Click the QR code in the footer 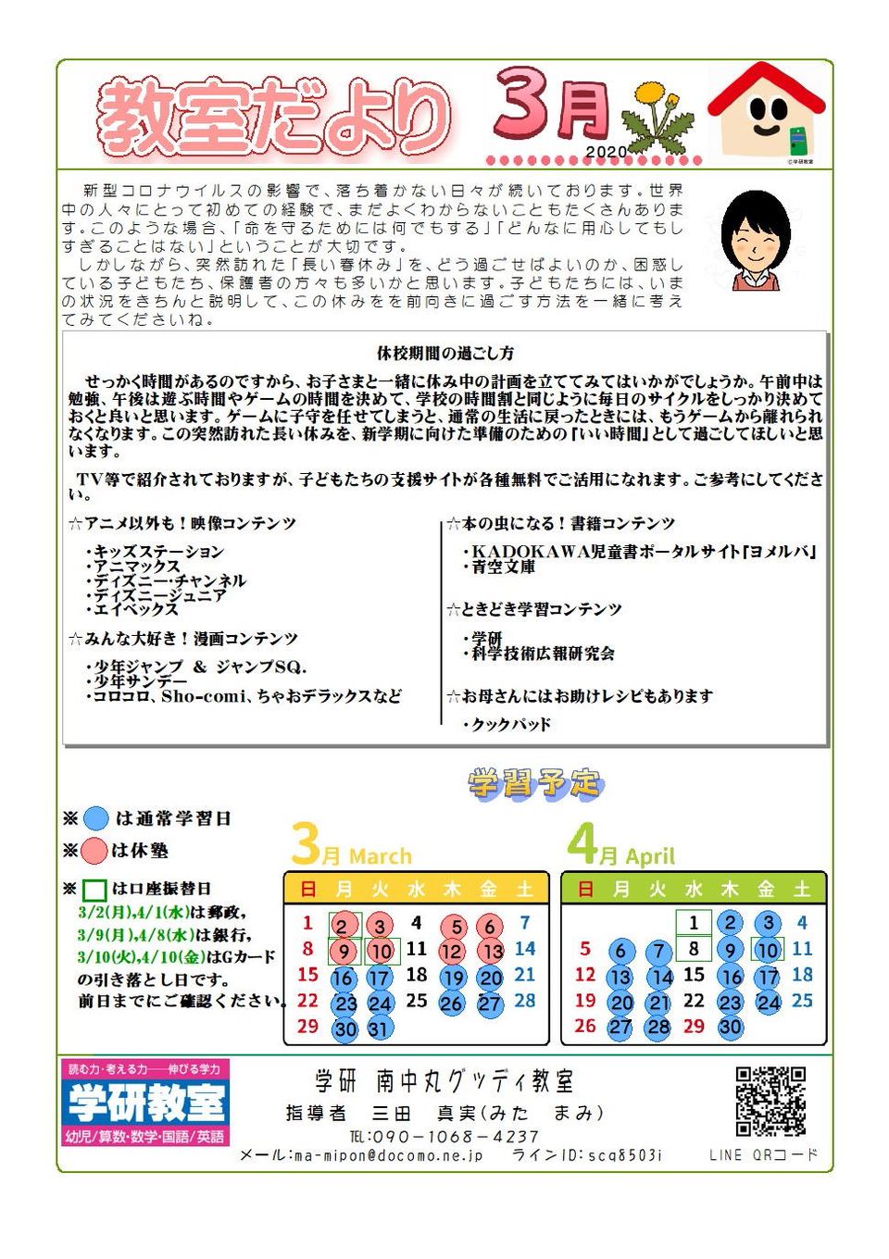770,1101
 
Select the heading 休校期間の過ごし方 444,353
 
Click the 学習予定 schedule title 534,784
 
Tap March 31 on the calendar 379,1028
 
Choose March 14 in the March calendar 525,949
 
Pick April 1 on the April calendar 693,923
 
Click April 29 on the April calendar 694,1027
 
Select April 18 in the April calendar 802,975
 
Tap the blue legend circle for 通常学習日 96,818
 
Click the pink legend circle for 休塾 94,851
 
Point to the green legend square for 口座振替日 94,890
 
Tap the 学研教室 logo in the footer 146,1103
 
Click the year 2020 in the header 606,152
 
